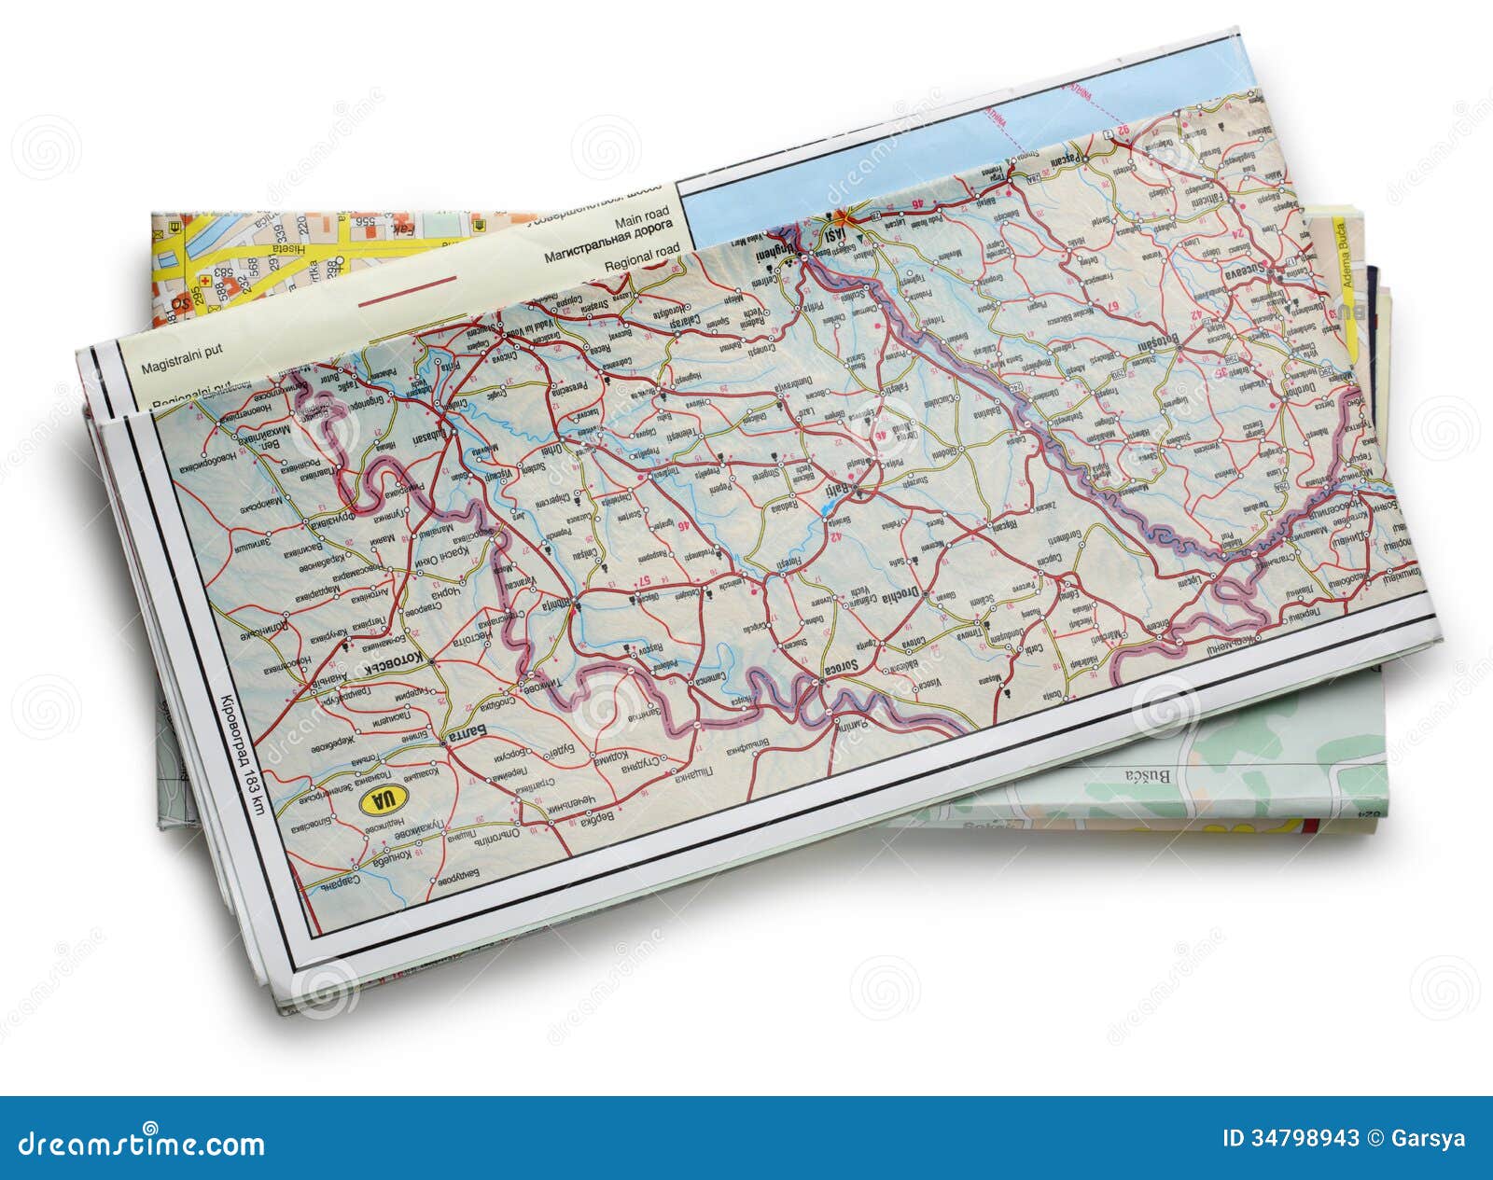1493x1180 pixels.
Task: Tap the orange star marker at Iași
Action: [841, 217]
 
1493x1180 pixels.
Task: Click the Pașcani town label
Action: [1061, 160]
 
